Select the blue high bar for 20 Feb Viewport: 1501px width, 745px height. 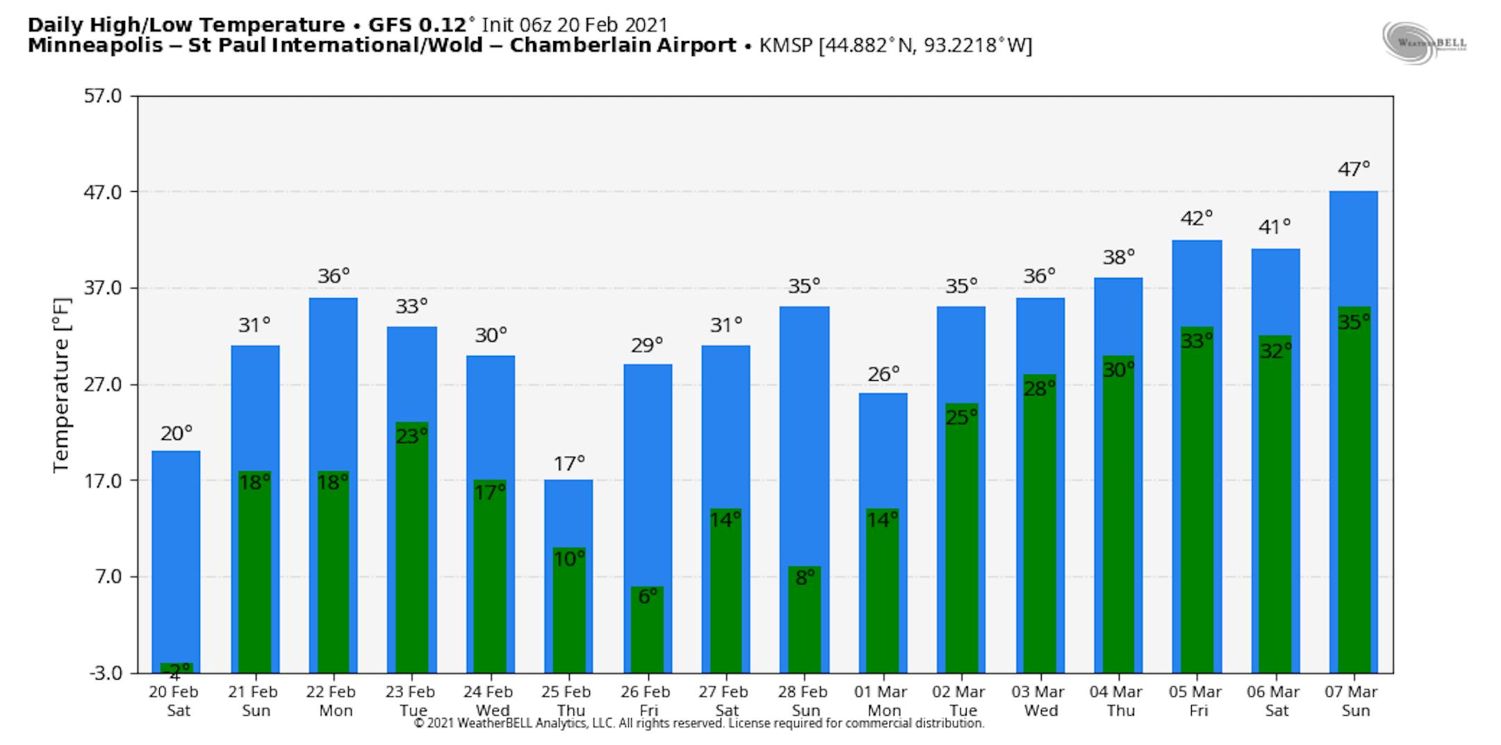[176, 556]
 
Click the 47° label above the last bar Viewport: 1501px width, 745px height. [1354, 169]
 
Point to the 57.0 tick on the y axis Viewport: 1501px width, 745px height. [102, 96]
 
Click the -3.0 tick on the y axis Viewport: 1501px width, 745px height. [105, 673]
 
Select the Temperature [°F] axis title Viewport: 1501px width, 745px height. [62, 385]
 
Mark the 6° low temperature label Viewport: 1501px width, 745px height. [648, 596]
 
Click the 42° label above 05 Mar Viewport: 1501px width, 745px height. [1197, 218]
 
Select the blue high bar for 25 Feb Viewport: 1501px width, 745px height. [568, 514]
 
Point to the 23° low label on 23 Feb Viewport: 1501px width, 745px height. [411, 436]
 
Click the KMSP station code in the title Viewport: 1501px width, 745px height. [786, 46]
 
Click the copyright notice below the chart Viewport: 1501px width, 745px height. [698, 723]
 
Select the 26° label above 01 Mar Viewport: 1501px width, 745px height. [883, 375]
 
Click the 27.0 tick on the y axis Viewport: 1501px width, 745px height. [102, 384]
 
